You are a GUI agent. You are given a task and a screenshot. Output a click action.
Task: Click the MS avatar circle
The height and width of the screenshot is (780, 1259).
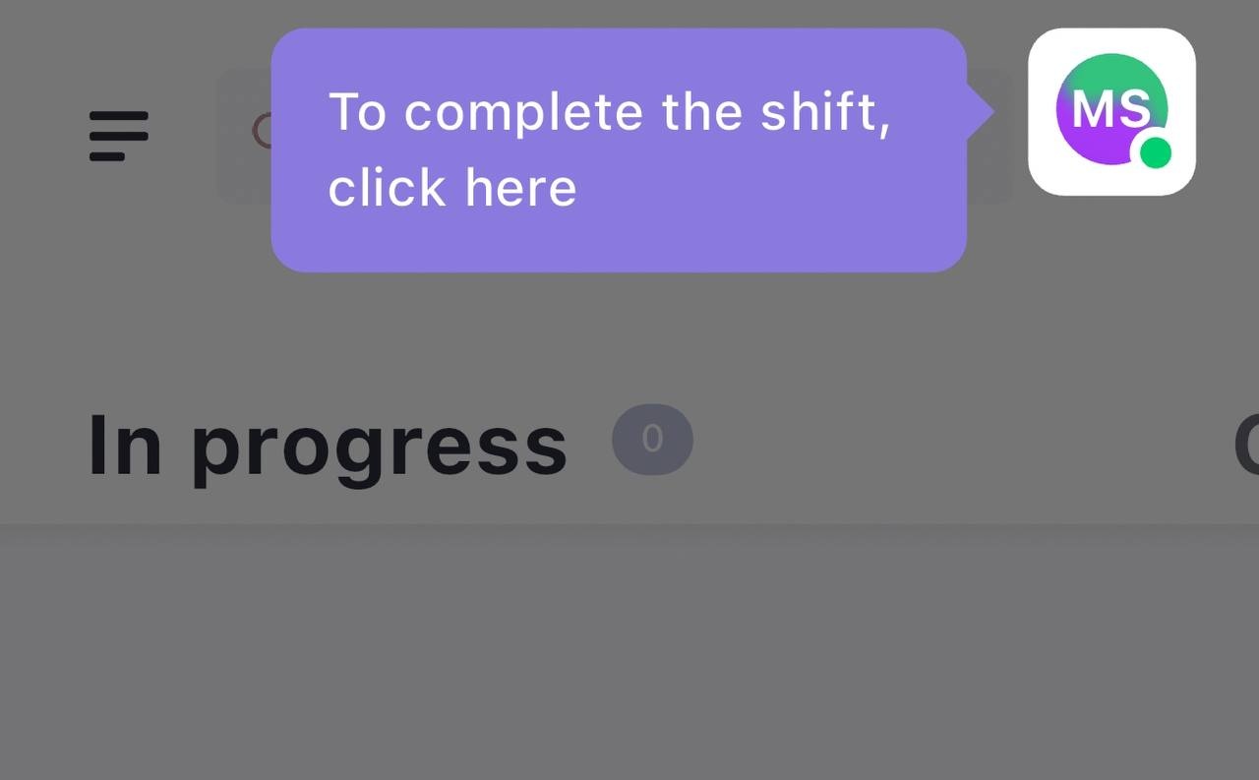[1111, 109]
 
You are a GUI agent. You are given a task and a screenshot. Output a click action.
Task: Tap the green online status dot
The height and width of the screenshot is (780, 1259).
[1155, 152]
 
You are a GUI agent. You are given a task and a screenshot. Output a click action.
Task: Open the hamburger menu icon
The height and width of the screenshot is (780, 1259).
[119, 136]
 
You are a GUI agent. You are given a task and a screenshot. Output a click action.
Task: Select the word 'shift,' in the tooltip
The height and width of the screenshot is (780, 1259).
[825, 112]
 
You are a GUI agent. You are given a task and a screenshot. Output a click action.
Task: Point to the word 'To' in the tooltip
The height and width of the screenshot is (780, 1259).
[357, 112]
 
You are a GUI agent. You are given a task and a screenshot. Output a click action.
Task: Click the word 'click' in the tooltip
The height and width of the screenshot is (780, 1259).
[387, 187]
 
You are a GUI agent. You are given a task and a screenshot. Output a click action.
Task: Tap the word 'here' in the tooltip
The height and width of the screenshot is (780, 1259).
[521, 187]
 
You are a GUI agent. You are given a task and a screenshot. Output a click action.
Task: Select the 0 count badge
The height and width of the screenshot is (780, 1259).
[652, 439]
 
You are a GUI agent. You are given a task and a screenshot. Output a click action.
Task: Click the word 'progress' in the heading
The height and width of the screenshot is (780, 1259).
[380, 449]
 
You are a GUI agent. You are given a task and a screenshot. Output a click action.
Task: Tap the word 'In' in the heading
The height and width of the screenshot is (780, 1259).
[125, 444]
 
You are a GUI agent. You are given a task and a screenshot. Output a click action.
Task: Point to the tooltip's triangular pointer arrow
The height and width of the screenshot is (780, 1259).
[981, 112]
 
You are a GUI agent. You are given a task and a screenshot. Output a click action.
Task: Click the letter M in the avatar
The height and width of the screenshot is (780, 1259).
[1092, 109]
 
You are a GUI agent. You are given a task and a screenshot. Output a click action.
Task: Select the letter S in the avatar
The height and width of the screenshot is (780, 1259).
[1132, 109]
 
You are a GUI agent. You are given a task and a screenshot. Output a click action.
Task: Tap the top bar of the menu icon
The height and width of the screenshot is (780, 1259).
[119, 116]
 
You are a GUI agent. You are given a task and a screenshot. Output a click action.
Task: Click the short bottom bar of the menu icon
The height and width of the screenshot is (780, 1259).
[107, 156]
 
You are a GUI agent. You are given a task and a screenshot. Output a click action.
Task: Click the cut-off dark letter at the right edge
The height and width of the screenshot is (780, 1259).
[1246, 446]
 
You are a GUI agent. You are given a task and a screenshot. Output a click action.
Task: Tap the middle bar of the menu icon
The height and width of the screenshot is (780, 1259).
[119, 136]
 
